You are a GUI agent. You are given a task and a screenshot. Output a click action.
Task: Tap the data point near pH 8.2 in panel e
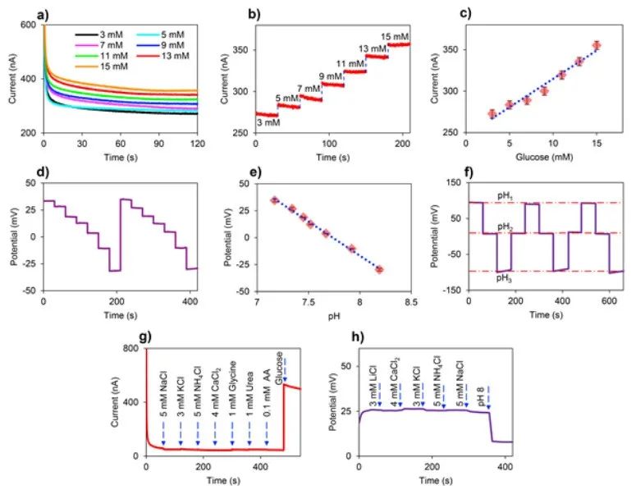click(379, 269)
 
